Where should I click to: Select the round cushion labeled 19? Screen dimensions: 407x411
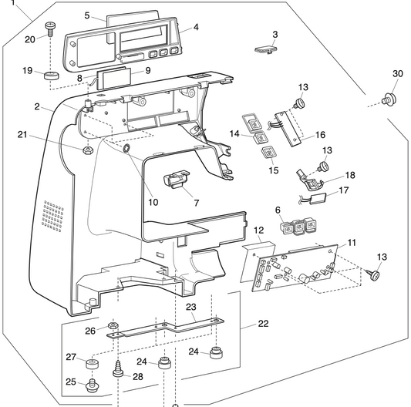click(x=53, y=76)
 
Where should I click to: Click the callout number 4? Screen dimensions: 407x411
click(x=195, y=27)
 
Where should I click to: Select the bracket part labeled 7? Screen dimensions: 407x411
click(x=175, y=180)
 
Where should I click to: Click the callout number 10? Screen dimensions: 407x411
click(x=153, y=202)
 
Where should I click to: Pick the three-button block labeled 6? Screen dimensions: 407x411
click(x=298, y=227)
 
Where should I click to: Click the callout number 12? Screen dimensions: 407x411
click(x=259, y=230)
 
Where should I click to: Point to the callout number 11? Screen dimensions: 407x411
click(x=352, y=243)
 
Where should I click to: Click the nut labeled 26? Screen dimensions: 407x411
click(x=113, y=327)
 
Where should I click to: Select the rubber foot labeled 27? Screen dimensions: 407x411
click(x=93, y=361)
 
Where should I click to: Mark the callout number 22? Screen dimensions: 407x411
click(x=263, y=323)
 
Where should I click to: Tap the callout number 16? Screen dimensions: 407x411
click(x=319, y=134)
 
